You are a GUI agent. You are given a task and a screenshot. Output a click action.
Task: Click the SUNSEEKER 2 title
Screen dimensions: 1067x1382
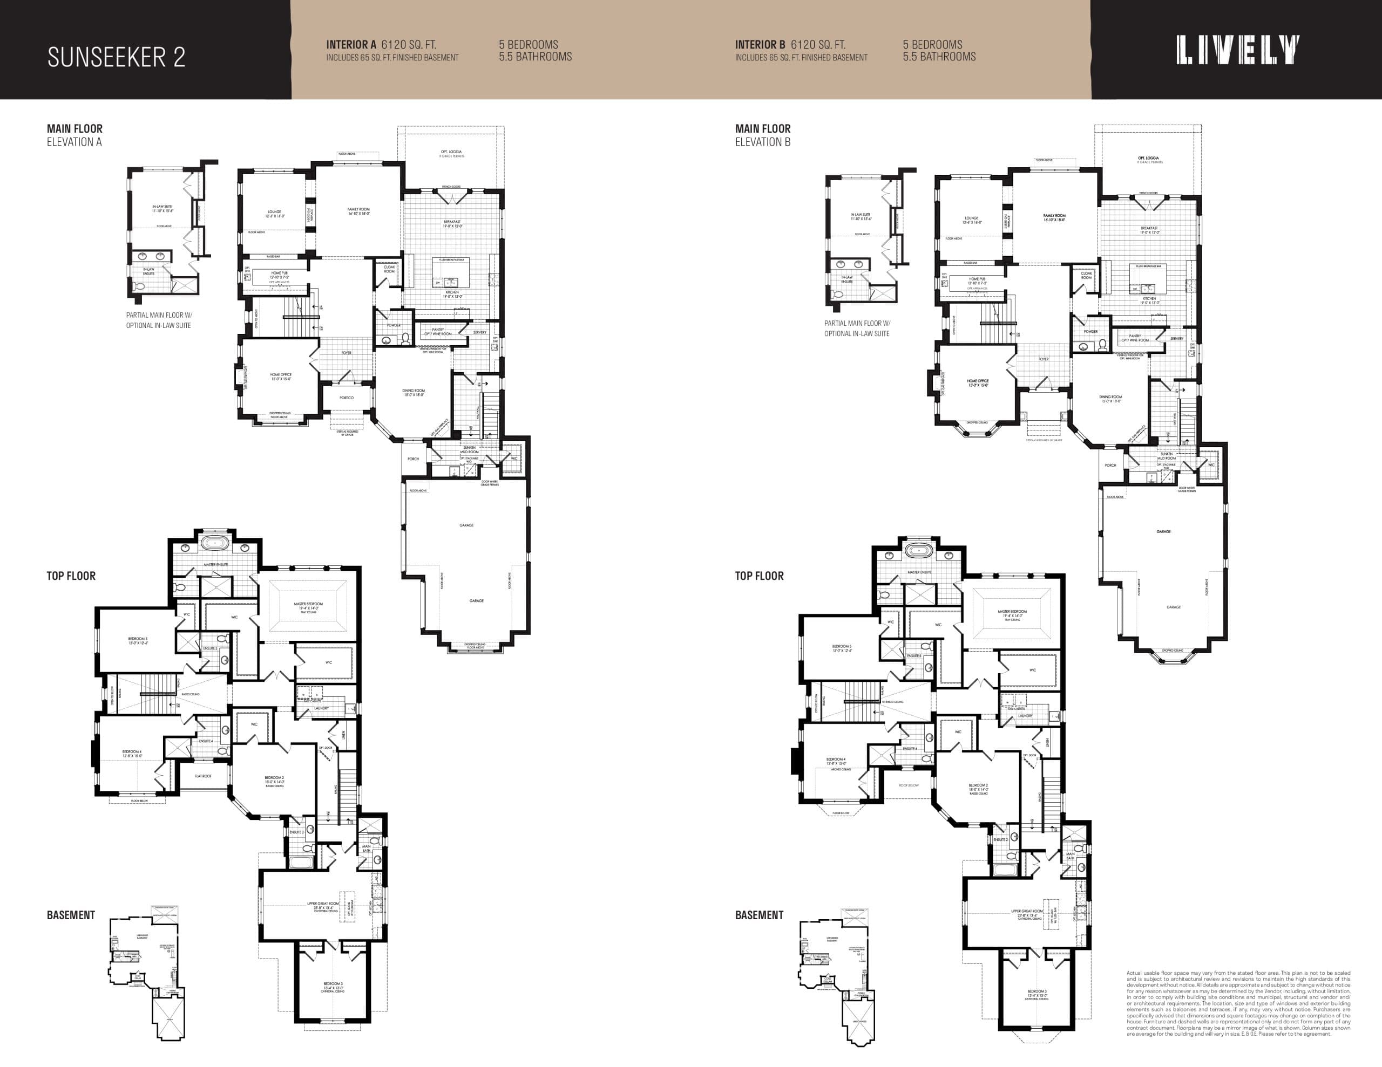[x=117, y=57]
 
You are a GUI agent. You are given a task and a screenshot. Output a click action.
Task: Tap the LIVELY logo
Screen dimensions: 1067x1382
[x=1238, y=50]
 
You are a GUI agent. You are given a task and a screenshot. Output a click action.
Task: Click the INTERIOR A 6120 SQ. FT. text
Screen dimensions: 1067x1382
[x=381, y=45]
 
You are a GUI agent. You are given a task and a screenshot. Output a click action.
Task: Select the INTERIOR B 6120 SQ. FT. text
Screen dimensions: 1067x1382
[x=790, y=45]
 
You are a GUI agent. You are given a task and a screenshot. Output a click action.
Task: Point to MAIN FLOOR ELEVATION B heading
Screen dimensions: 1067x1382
[x=762, y=135]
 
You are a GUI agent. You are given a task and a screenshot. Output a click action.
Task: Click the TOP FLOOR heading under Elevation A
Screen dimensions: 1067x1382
[x=71, y=576]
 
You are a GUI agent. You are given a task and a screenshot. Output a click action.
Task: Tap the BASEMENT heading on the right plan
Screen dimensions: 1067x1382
[x=758, y=915]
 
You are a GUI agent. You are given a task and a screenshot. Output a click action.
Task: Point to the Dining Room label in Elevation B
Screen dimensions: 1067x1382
[x=1110, y=399]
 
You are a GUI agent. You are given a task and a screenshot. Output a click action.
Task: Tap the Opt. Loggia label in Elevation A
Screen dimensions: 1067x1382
[x=451, y=153]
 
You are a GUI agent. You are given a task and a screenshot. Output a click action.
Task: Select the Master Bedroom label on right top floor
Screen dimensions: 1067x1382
[x=1011, y=613]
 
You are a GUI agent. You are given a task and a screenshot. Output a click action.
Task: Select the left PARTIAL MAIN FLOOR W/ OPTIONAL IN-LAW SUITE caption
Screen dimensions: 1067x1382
[x=159, y=320]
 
